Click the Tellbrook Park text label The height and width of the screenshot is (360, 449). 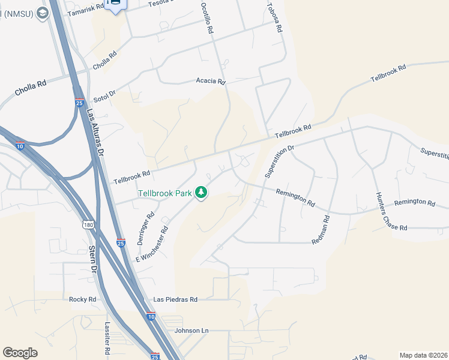[164, 193]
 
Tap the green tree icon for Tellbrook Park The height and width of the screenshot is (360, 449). [202, 193]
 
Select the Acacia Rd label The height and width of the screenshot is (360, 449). [211, 81]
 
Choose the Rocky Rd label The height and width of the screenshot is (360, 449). [82, 299]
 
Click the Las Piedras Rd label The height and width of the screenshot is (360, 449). [175, 299]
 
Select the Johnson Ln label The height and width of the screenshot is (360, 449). [191, 331]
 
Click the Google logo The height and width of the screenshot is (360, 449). [20, 353]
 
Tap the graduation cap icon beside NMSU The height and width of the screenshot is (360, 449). [41, 13]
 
